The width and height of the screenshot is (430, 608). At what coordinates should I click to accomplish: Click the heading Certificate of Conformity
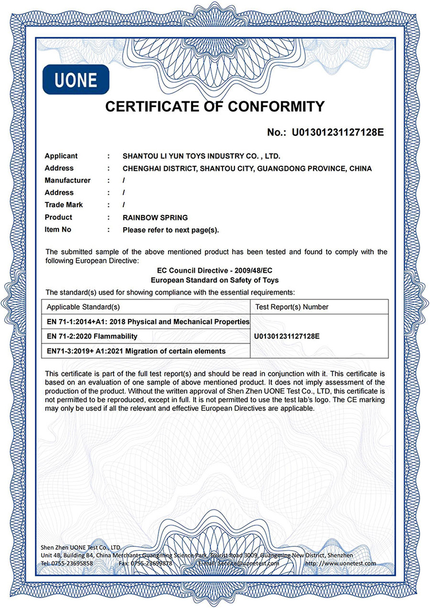tap(214, 107)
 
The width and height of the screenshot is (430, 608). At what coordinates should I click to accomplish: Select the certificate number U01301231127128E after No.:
tap(338, 133)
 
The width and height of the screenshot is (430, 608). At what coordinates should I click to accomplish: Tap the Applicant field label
tap(61, 156)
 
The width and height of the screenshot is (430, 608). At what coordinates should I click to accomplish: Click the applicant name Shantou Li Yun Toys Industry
tap(201, 156)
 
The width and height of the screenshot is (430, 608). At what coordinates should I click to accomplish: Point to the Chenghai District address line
tap(247, 168)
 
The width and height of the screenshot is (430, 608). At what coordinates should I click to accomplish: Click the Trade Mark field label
tap(64, 205)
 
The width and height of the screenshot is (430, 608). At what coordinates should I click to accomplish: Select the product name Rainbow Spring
tap(155, 217)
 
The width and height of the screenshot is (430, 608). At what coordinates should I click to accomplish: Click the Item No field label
tap(58, 229)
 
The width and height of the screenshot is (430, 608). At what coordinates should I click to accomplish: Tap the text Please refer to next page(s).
tap(171, 230)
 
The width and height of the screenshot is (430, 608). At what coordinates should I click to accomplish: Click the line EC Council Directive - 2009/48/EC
tap(214, 271)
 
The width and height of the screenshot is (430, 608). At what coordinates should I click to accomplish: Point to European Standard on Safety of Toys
tap(214, 280)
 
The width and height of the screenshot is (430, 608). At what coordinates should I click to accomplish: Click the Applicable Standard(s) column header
tap(83, 307)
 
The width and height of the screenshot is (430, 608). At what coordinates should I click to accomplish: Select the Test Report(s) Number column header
tap(291, 307)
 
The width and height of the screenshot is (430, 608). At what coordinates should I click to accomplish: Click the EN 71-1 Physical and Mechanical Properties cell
tap(148, 321)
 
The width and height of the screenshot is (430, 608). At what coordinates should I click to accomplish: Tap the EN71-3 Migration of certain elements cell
tap(136, 351)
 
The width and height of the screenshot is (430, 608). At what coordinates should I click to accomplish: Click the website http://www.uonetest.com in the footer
tap(341, 563)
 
